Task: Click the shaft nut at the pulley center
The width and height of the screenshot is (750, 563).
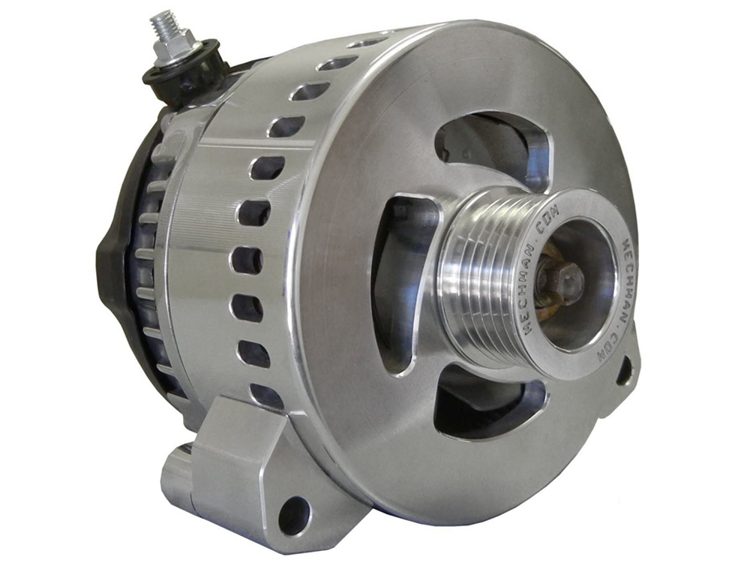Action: tap(560, 282)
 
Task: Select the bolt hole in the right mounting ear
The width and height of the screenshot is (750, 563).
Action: tap(625, 370)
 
